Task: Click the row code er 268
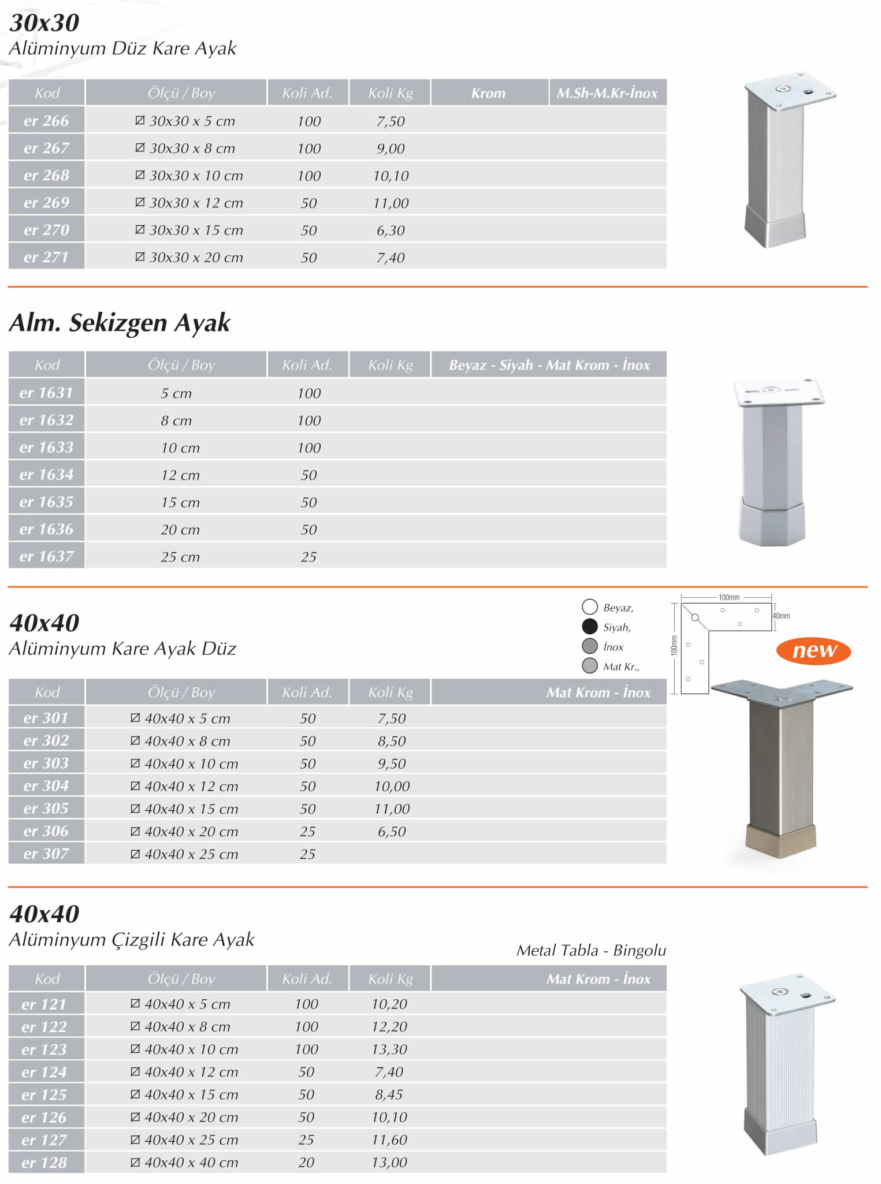tap(46, 175)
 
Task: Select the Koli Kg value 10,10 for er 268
tap(391, 176)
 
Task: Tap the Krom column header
tap(488, 93)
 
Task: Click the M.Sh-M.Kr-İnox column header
tap(607, 93)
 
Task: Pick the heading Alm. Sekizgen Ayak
tap(120, 322)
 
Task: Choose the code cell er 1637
tap(46, 556)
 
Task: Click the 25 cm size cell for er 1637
tap(180, 557)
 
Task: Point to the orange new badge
tap(813, 650)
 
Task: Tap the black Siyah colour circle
tap(589, 626)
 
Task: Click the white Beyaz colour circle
tap(589, 606)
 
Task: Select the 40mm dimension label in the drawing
tap(781, 616)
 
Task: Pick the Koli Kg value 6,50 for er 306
tap(392, 832)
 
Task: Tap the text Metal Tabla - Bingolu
tap(591, 950)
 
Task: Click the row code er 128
tap(44, 1163)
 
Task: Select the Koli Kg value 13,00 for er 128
tap(389, 1163)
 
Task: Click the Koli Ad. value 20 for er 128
tap(306, 1163)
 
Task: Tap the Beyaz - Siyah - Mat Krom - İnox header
tap(549, 365)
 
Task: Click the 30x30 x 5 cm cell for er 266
tap(185, 121)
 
